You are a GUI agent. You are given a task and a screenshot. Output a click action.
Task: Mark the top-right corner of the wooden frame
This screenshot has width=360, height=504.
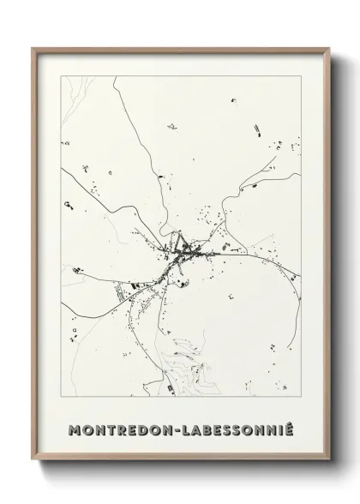coord(327,48)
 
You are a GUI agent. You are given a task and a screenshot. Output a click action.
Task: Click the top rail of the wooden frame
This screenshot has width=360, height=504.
coord(180,49)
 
